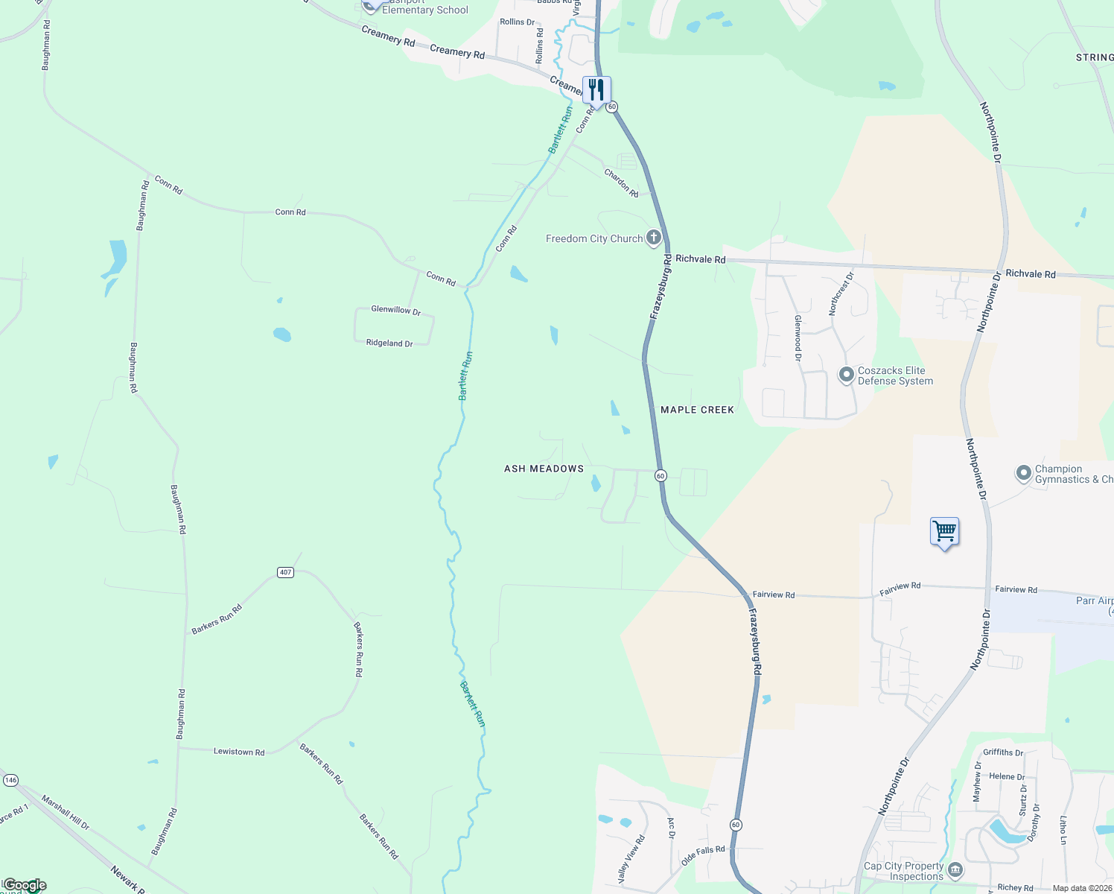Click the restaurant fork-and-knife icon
(596, 90)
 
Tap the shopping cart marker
(944, 532)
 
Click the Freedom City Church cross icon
(653, 238)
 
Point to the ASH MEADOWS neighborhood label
(544, 469)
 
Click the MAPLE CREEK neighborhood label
(697, 410)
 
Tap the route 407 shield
(285, 572)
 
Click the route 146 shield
(10, 780)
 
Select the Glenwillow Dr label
(396, 310)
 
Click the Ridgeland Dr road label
(389, 343)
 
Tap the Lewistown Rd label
(239, 752)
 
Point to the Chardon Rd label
(621, 183)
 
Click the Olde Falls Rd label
(703, 856)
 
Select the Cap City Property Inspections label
(903, 871)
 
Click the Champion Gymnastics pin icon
(1024, 472)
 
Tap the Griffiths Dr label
(1003, 752)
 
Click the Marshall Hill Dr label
(66, 813)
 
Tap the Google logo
(25, 885)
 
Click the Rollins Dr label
(517, 22)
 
